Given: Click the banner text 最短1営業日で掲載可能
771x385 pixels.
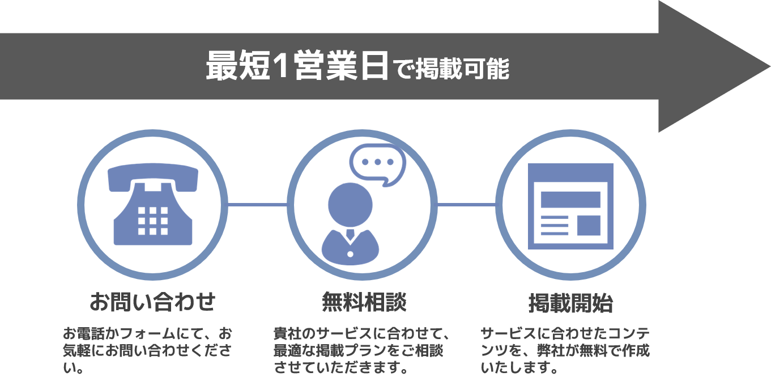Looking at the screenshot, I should point(357,67).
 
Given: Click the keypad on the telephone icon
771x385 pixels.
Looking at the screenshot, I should point(153,221).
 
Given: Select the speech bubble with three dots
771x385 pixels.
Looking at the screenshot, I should point(377,163).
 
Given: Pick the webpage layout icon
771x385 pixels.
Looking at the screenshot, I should point(570,206).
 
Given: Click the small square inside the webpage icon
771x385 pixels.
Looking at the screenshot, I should point(589,225).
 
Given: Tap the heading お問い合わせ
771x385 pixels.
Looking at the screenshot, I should point(153,302).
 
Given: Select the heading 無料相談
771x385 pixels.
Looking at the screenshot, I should point(364,302).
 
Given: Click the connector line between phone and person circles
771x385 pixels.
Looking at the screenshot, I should point(258,204).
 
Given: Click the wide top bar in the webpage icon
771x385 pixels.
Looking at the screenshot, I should point(570,200).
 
